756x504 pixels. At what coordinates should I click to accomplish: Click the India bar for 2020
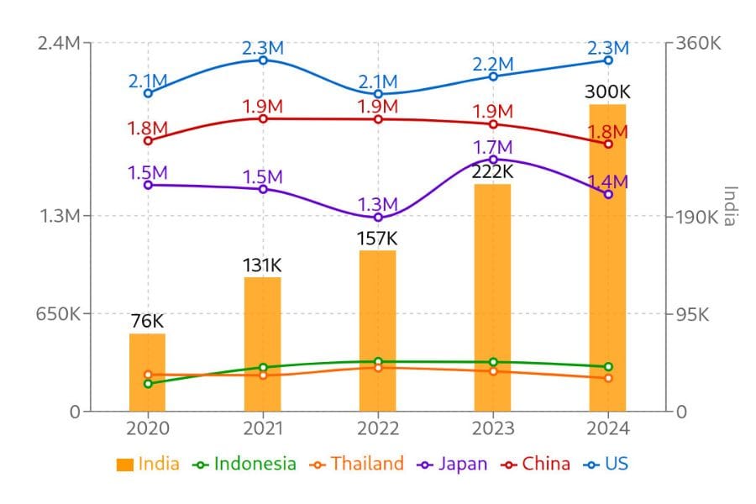[147, 372]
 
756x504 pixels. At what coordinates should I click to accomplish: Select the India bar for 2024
[608, 257]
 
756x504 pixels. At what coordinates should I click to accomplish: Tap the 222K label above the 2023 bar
[492, 171]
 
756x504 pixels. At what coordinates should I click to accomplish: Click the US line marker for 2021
[263, 60]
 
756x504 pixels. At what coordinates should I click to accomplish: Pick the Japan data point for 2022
[378, 218]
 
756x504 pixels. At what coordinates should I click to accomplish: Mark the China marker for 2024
[608, 144]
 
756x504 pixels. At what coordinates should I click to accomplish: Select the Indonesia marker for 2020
[148, 384]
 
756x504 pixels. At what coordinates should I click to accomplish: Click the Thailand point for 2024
[608, 378]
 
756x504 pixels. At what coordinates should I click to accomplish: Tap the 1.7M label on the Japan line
[492, 148]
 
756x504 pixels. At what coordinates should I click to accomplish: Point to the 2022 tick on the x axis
[378, 428]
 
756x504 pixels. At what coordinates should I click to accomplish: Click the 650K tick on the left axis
[58, 315]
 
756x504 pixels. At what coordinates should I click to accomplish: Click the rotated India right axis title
[729, 206]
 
